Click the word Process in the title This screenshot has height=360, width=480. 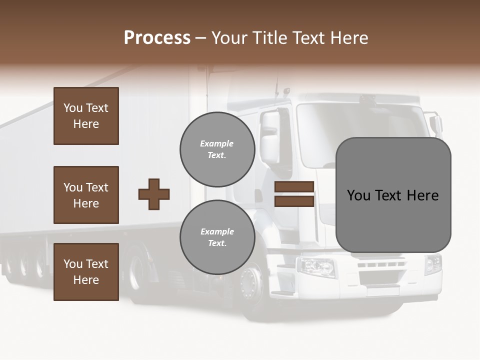(x=157, y=38)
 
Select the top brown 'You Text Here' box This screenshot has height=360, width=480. (x=86, y=116)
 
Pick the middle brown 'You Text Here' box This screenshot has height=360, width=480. (x=86, y=195)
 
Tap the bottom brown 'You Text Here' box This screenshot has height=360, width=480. (x=86, y=272)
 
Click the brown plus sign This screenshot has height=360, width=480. (x=154, y=194)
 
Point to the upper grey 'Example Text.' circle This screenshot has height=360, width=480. (x=217, y=149)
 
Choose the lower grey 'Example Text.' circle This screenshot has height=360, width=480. (x=217, y=237)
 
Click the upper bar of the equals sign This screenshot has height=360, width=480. (x=294, y=187)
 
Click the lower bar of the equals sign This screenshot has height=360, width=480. (x=294, y=201)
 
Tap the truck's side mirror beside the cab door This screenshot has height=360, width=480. (x=270, y=137)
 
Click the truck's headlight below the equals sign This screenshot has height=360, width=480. (x=316, y=266)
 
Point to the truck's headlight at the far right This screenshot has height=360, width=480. (x=433, y=264)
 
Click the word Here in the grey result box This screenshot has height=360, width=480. (x=422, y=195)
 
